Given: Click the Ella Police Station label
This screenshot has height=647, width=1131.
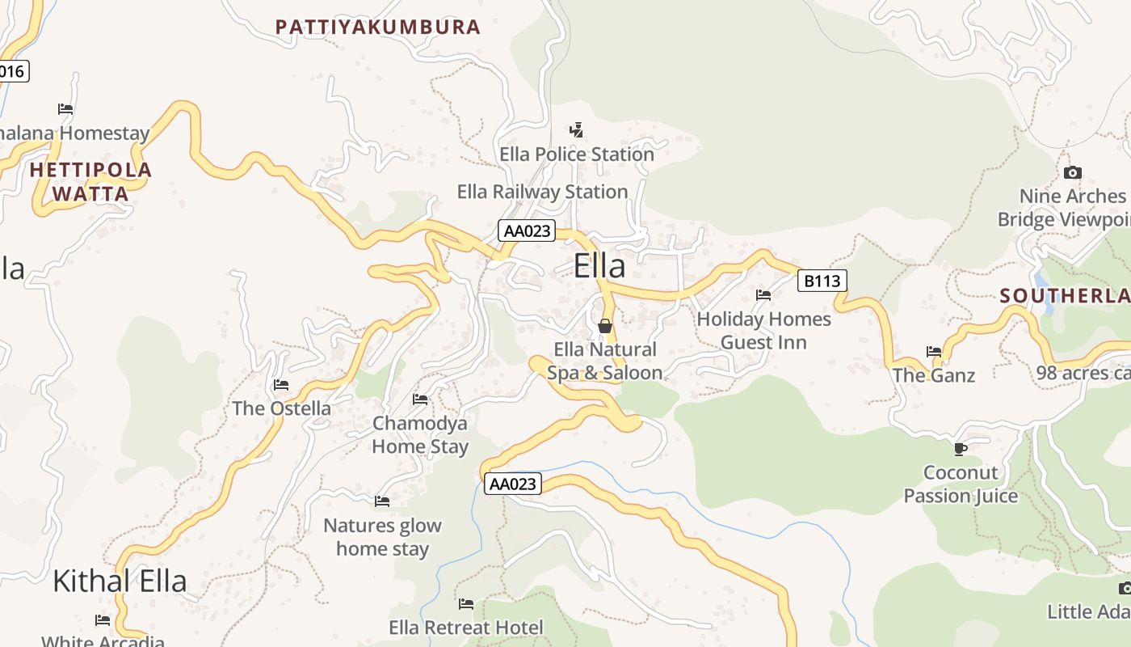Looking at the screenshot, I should pos(577,154).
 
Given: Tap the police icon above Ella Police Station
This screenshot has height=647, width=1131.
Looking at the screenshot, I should pos(576,129).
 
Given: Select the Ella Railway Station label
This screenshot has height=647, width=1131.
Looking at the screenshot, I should pos(542,192).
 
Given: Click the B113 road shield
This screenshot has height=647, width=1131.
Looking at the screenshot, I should pos(822,281).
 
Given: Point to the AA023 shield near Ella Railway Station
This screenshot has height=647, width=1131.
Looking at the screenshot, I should pos(527,230).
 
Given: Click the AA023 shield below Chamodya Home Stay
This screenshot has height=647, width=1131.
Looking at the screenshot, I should pos(513,484).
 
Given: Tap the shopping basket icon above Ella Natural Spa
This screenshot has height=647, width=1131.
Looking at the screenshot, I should pos(604,326).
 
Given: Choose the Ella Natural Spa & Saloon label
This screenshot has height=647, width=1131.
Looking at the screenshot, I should pos(605,361).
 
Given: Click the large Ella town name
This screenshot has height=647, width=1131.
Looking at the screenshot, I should pos(599,266).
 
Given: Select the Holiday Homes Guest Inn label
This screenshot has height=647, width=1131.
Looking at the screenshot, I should pos(763,331).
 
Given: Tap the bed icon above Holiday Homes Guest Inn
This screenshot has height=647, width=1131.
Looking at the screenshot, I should pos(763,295).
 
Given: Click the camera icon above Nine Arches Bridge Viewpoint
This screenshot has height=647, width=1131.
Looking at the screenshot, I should pos(1073,172).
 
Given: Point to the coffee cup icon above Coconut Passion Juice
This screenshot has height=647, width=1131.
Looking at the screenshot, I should pos(960,448).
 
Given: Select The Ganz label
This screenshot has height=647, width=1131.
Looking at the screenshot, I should pos(934,375).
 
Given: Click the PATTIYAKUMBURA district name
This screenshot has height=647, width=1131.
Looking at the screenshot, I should pos(378,27).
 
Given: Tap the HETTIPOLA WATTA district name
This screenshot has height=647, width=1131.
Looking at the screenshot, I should pos(90,182).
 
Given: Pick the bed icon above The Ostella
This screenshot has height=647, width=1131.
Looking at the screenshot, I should pos(281,384).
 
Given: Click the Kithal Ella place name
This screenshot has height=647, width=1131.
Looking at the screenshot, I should pos(120,581).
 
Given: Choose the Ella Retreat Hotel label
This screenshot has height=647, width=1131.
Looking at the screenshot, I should pos(466,628).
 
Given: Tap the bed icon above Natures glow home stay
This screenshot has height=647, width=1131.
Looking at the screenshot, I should pos(382,501).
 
